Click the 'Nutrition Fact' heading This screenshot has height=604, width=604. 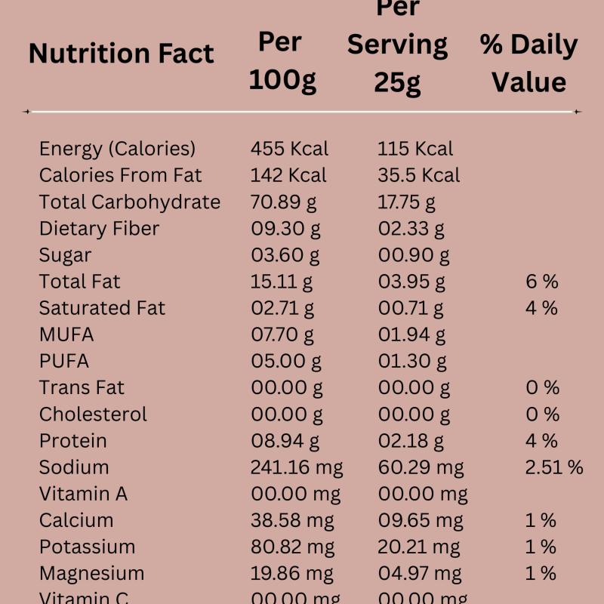tap(121, 54)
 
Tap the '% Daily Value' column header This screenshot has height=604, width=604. tap(528, 63)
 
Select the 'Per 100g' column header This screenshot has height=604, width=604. tap(282, 60)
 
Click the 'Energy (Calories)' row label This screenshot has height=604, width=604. tap(117, 149)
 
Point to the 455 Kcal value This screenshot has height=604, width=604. tap(289, 149)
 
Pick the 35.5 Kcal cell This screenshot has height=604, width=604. tap(418, 175)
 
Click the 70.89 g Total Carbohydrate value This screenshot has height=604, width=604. tap(283, 202)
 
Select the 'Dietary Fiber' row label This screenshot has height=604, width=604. tap(99, 229)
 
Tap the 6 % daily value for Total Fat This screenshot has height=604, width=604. tap(541, 282)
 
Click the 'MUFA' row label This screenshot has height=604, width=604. tap(66, 334)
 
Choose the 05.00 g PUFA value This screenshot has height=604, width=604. tap(286, 361)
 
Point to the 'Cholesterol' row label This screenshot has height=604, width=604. tap(93, 414)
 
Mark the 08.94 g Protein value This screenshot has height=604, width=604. tap(285, 441)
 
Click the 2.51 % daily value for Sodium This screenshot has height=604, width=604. tap(553, 467)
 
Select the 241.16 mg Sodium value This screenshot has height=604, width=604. tap(296, 467)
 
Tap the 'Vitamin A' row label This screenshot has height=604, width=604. tap(83, 494)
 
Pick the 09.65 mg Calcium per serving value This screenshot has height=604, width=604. tap(421, 520)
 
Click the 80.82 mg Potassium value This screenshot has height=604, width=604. tap(292, 547)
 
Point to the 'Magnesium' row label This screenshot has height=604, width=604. tap(91, 574)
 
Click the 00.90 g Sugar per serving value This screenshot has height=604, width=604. tap(414, 255)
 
